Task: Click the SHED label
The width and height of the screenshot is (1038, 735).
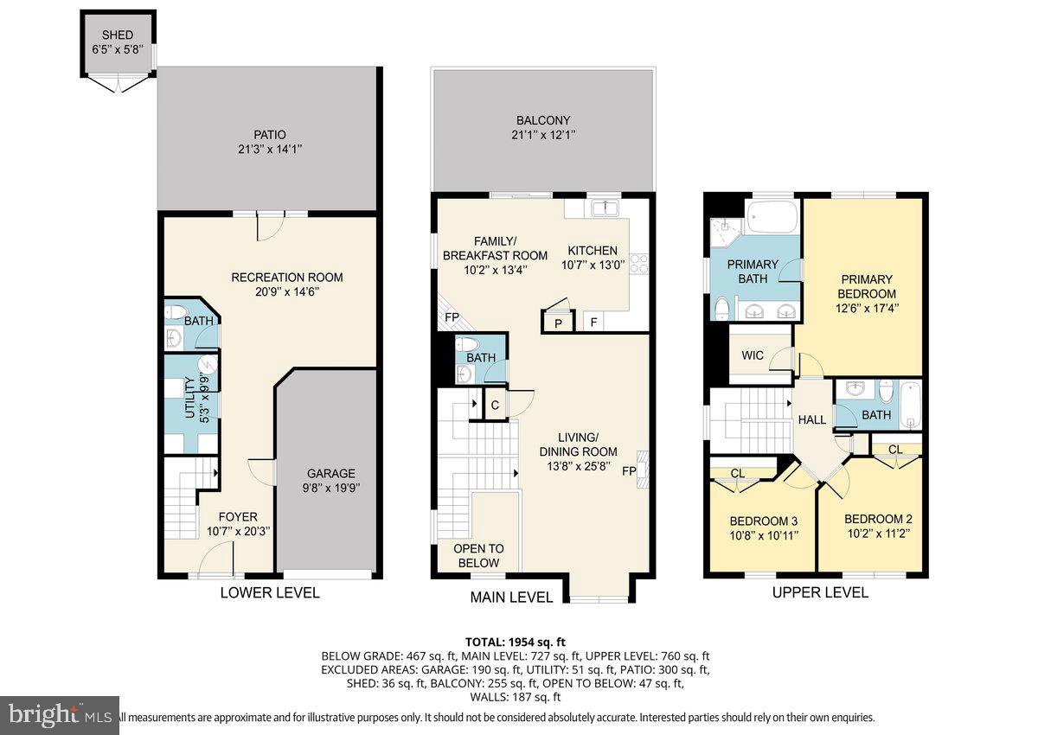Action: pyautogui.click(x=118, y=35)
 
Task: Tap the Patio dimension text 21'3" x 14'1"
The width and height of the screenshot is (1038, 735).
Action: pyautogui.click(x=270, y=149)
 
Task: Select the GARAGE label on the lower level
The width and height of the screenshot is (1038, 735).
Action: pyautogui.click(x=330, y=473)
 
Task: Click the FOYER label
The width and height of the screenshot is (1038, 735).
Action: pyautogui.click(x=238, y=517)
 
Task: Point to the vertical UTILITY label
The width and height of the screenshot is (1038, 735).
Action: pyautogui.click(x=190, y=398)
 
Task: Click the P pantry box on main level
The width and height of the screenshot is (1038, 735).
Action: pyautogui.click(x=559, y=323)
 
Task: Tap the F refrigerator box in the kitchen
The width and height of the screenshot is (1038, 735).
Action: pyautogui.click(x=593, y=322)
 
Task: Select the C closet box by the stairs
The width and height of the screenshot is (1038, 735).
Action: pyautogui.click(x=495, y=406)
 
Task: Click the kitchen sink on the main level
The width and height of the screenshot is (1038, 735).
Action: pyautogui.click(x=605, y=208)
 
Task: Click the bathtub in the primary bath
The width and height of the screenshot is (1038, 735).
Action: pyautogui.click(x=772, y=217)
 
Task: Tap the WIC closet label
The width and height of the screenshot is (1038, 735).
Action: pyautogui.click(x=753, y=355)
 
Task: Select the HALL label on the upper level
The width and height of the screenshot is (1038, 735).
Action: pyautogui.click(x=812, y=419)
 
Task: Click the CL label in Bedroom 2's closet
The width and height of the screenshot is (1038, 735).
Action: pyautogui.click(x=895, y=450)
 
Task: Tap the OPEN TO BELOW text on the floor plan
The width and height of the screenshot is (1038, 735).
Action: pyautogui.click(x=478, y=556)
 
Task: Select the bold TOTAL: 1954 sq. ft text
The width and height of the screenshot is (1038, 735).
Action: pyautogui.click(x=516, y=642)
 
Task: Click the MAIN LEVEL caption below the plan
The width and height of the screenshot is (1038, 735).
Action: pyautogui.click(x=511, y=597)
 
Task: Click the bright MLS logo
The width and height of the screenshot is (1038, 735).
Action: pyautogui.click(x=60, y=714)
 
